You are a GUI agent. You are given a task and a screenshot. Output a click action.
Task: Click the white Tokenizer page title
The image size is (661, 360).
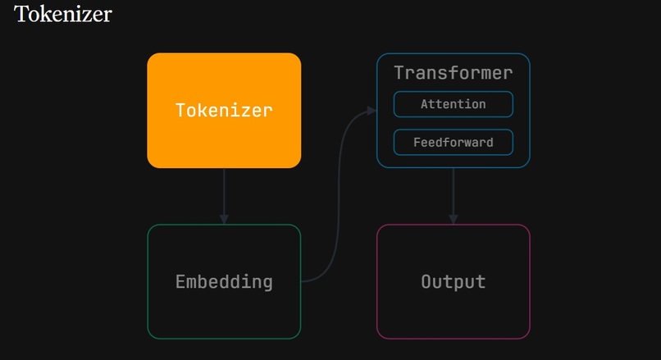coord(63,14)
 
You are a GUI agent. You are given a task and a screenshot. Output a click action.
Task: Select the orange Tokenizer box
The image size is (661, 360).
coord(224,111)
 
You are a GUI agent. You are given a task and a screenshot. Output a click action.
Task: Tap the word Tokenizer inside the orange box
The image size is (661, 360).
coord(224,111)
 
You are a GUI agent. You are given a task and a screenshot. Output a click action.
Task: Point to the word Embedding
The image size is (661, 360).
coord(224,282)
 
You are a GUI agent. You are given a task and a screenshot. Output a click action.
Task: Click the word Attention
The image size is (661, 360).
coord(454,104)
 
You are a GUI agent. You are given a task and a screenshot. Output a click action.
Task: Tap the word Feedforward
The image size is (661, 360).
coord(454,142)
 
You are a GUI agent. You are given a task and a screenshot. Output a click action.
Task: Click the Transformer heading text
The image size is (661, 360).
coord(454,73)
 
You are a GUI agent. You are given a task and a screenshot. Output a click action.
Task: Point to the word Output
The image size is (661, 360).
coord(454,282)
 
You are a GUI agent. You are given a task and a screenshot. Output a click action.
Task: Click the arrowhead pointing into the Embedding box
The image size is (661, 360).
coord(224,219)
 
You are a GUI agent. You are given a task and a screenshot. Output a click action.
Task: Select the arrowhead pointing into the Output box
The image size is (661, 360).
coord(454,219)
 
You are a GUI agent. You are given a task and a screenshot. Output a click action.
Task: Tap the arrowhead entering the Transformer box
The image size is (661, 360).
coord(372,111)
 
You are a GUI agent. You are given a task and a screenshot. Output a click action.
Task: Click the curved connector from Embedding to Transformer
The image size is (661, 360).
coord(339,194)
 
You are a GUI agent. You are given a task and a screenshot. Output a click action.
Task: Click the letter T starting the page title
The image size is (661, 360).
coord(21,14)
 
